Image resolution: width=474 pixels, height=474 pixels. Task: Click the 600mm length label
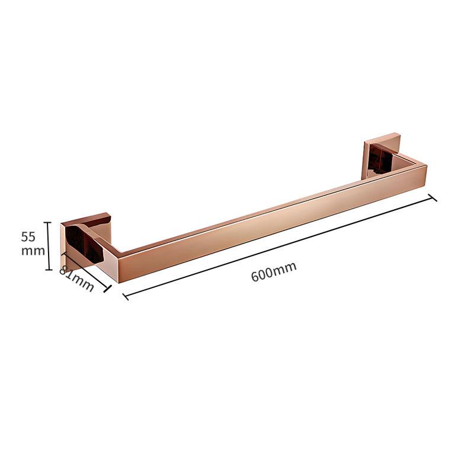click(274, 271)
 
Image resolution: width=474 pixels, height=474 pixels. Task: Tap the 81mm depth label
click(77, 278)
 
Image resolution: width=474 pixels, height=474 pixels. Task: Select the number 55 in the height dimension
click(28, 237)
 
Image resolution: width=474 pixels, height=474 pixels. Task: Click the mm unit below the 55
click(33, 251)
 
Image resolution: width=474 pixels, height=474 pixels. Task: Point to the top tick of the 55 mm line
click(48, 222)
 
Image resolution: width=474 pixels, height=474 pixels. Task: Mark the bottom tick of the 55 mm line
click(48, 270)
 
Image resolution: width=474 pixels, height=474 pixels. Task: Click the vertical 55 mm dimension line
click(48, 246)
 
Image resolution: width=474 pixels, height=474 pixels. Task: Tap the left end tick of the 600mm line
click(126, 297)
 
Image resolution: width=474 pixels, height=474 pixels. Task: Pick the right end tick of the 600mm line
click(433, 198)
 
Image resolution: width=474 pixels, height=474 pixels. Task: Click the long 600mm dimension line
click(279, 247)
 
